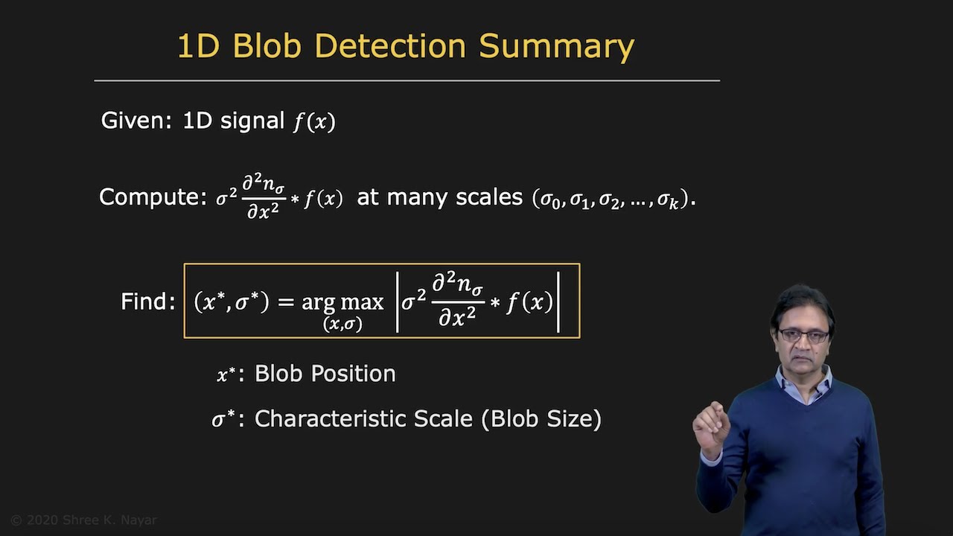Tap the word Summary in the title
click(556, 46)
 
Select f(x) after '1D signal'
click(314, 121)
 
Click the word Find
click(147, 301)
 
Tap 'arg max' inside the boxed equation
click(342, 301)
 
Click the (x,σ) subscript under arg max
click(342, 324)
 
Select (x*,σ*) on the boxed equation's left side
click(231, 301)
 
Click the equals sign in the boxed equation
click(287, 301)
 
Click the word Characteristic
click(326, 418)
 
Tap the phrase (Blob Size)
click(541, 418)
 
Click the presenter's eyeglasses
click(804, 336)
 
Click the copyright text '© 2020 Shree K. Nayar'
click(83, 520)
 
